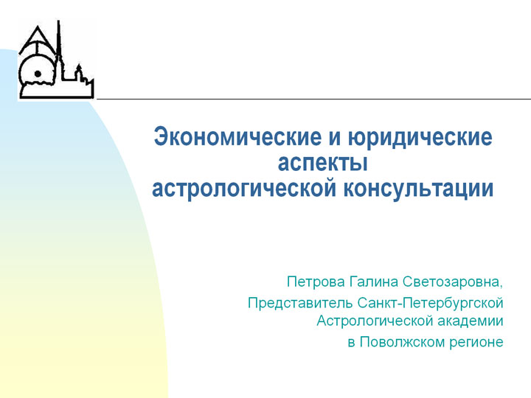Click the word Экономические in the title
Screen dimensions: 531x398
click(237, 137)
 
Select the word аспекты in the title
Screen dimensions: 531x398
click(323, 163)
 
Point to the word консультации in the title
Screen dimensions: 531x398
click(419, 189)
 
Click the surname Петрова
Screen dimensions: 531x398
click(316, 282)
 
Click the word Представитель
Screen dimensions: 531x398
click(300, 303)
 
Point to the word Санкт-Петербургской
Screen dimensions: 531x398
click(430, 303)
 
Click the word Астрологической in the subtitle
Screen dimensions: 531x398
click(375, 321)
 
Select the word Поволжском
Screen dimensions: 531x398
click(402, 342)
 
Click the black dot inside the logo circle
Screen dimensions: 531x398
click(38, 74)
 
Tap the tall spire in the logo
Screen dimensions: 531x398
click(59, 51)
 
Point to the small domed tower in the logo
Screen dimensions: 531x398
click(79, 72)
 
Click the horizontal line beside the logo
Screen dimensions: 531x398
click(314, 99)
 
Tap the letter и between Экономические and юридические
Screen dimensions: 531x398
click(335, 138)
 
